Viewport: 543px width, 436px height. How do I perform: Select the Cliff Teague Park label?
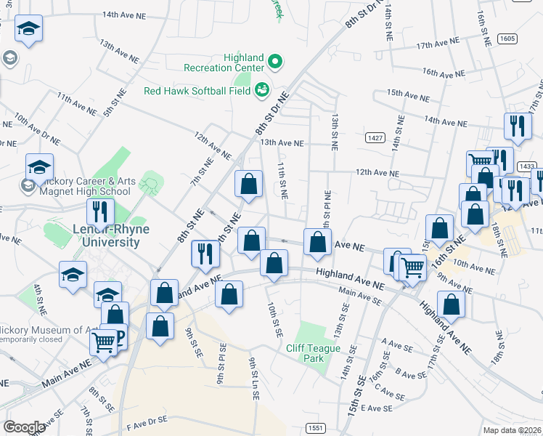click(x=314, y=353)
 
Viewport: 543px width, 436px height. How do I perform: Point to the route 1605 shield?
click(x=507, y=38)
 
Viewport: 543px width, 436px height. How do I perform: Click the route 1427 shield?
click(x=375, y=137)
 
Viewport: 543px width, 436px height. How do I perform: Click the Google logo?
click(x=24, y=427)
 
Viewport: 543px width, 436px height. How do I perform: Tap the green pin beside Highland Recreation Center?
click(x=274, y=61)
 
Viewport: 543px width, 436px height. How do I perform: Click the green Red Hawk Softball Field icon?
click(x=261, y=90)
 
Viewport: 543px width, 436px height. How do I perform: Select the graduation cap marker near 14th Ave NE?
click(x=29, y=29)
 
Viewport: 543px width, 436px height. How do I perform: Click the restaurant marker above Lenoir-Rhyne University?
click(x=99, y=211)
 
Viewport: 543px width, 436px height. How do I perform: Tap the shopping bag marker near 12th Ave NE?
click(x=248, y=185)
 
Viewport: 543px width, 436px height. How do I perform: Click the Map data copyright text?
click(x=513, y=429)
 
